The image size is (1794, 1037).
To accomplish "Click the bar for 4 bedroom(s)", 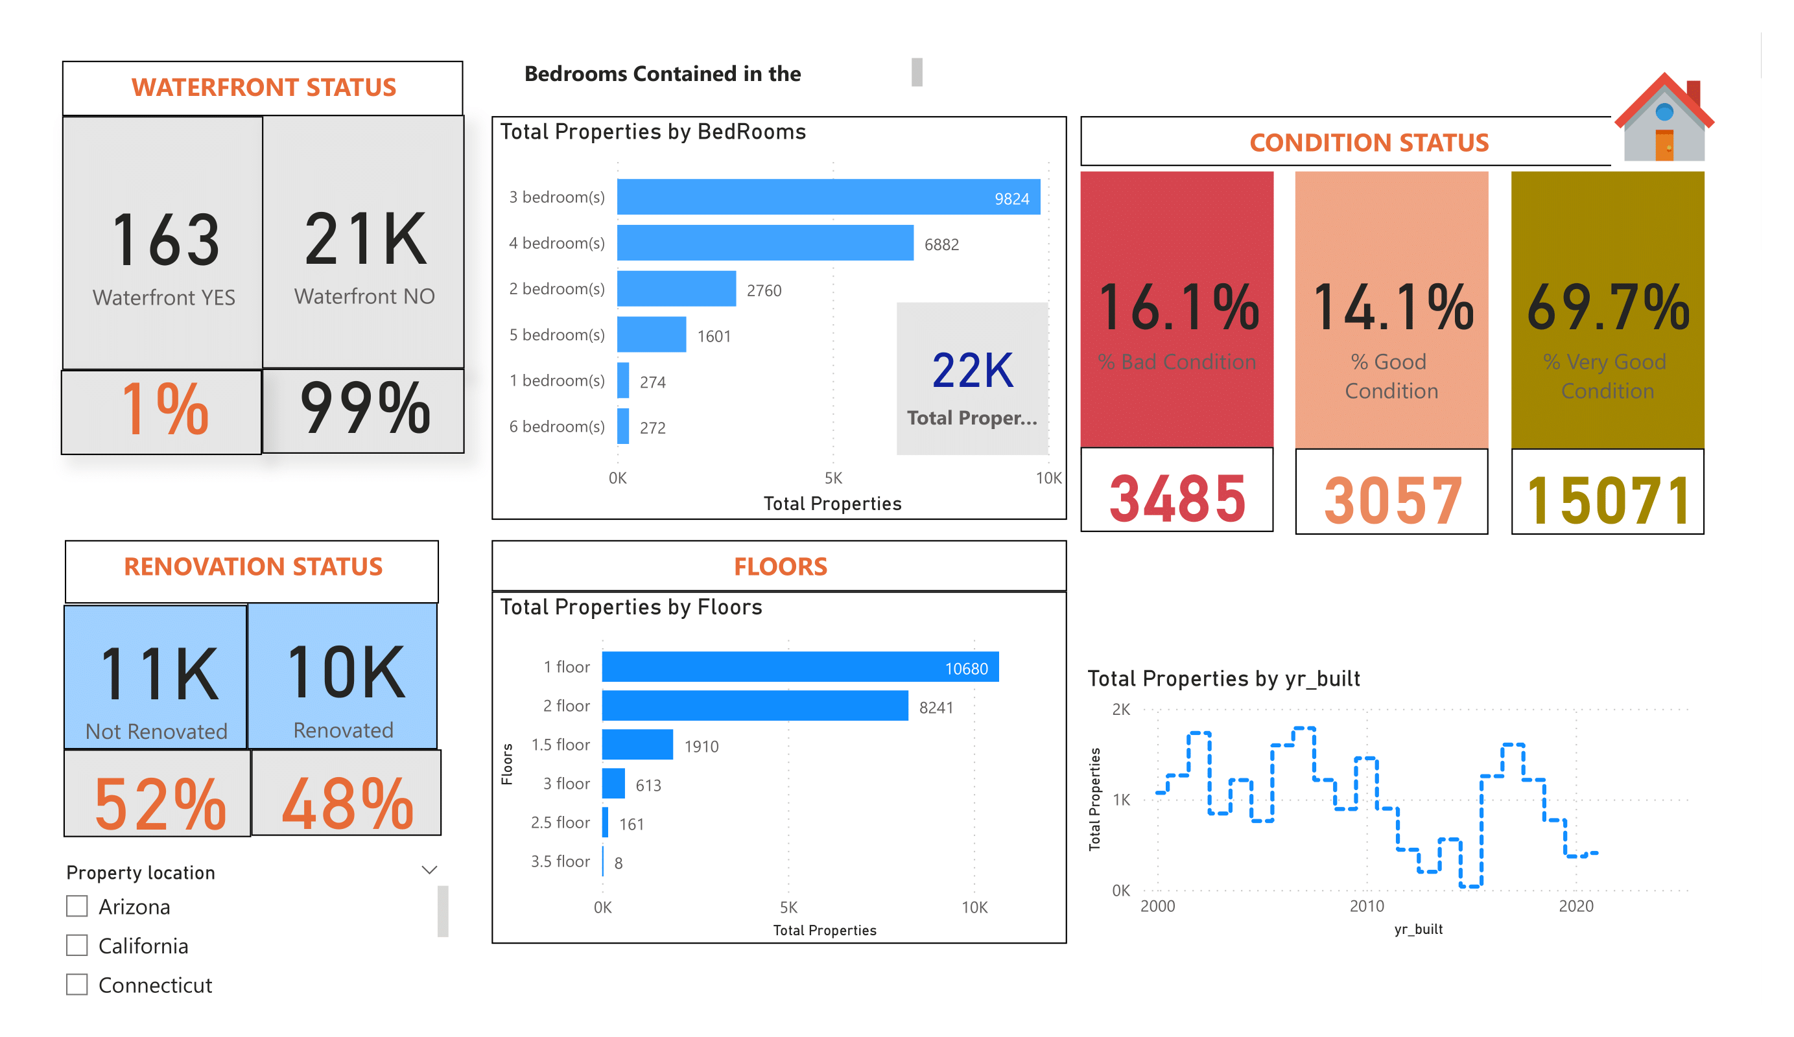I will (764, 242).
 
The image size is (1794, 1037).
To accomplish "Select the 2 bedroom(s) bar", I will (676, 288).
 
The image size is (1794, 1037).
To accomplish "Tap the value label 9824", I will (1011, 198).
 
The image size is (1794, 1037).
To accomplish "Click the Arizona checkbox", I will (77, 906).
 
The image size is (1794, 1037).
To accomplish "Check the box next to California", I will (77, 945).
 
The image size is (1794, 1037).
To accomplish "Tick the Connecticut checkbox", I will (77, 985).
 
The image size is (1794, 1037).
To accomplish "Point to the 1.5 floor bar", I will (637, 745).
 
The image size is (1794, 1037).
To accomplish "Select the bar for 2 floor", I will (755, 705).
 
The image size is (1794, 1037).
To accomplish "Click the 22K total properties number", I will (972, 371).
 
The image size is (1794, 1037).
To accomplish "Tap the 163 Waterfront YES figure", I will (165, 240).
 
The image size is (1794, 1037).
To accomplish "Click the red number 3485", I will (1177, 499).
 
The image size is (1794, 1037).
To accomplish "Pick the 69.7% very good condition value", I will (1607, 307).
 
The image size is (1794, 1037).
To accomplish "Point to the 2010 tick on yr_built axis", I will (1367, 906).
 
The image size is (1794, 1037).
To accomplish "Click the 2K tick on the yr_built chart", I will (1120, 710).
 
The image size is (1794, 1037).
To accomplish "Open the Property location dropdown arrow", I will (429, 870).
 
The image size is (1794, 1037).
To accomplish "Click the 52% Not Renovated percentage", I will (159, 804).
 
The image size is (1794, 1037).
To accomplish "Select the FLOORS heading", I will (780, 566).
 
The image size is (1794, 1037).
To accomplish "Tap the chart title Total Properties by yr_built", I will (1223, 679).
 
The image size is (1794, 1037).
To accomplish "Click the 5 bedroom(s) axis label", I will (557, 334).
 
